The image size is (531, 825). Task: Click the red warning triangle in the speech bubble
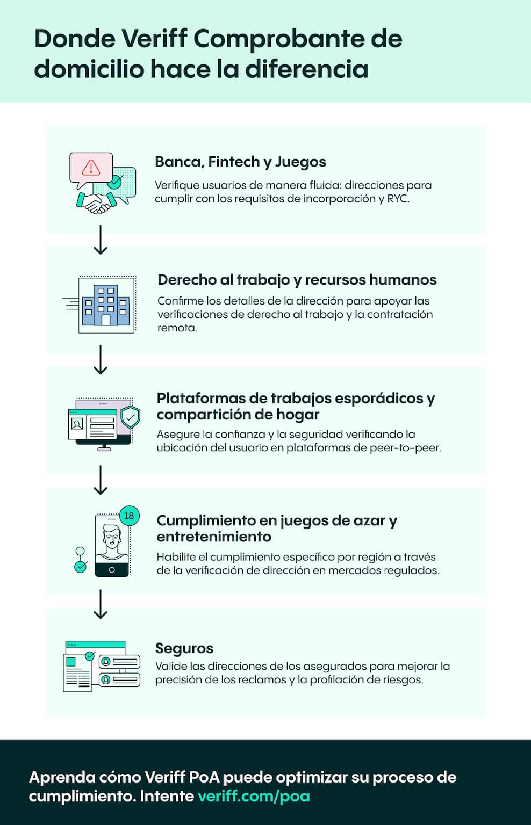point(91,168)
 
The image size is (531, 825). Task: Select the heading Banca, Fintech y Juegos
point(240,162)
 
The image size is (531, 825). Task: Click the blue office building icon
point(106,305)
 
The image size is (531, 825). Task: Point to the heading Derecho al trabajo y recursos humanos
point(297,280)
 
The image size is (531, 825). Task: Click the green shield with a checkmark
point(131,417)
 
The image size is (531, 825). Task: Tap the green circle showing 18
point(130,516)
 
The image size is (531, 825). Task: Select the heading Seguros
point(184,648)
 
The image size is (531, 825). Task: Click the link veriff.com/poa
point(254,797)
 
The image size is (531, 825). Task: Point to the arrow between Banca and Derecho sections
point(101,240)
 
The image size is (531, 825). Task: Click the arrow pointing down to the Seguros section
point(101,604)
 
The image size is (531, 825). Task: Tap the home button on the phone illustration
point(112,570)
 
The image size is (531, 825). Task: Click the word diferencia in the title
point(306,69)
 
